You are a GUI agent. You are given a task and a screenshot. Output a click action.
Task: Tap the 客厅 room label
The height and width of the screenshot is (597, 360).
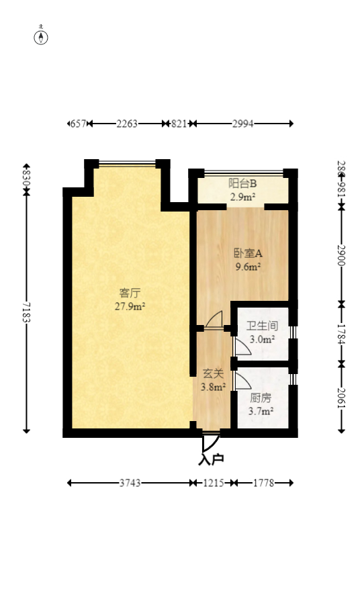[130, 293]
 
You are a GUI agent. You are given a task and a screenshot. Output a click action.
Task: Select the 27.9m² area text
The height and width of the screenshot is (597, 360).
[130, 306]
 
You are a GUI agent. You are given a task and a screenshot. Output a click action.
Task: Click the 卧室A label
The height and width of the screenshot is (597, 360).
[247, 253]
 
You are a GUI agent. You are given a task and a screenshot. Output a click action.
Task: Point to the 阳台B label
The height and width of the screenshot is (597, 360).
[242, 183]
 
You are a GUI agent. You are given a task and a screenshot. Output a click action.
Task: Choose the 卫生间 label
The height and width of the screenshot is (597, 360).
[262, 326]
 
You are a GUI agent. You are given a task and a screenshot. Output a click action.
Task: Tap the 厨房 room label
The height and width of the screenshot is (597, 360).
[261, 398]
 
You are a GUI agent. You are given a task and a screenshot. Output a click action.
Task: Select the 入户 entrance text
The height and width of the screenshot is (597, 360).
[211, 460]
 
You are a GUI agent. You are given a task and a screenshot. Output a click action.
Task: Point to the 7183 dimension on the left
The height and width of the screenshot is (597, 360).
[26, 313]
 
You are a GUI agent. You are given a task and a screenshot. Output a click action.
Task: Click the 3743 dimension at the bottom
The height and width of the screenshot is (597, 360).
[130, 482]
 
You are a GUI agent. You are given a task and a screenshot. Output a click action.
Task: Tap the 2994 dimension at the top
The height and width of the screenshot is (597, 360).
[243, 124]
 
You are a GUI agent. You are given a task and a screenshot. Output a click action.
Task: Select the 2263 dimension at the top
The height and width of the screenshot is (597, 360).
[127, 124]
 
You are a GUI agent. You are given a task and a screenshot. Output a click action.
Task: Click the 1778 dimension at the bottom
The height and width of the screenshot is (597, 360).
[263, 482]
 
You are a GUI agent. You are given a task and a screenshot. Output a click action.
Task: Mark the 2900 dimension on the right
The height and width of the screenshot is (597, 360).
[341, 255]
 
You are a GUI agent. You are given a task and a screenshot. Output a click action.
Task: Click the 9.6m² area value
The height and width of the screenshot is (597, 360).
[247, 267]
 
